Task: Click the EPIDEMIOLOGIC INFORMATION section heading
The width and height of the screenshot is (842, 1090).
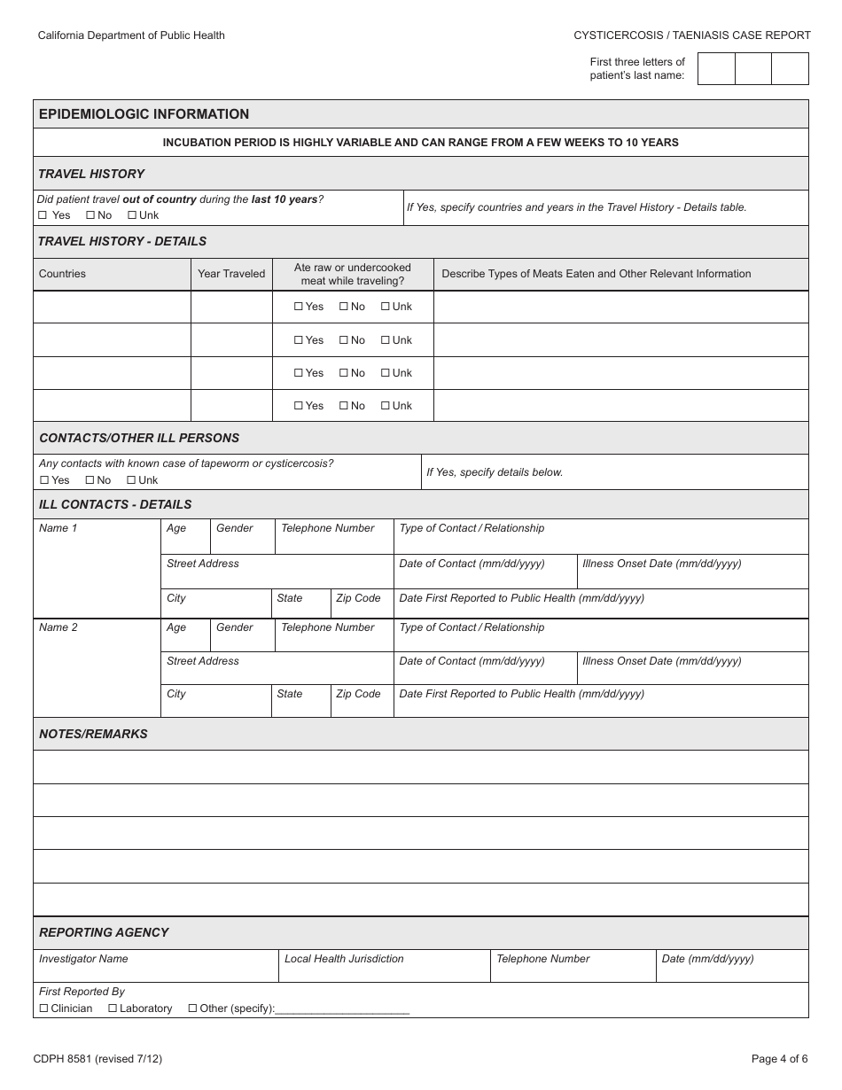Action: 144,114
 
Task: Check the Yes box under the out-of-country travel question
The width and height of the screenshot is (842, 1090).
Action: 43,215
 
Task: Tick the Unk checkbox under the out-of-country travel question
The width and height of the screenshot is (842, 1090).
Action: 132,215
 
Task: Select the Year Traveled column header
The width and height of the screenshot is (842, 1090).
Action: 231,274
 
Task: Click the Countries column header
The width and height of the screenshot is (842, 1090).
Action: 62,274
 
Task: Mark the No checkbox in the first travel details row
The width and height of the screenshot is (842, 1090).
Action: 343,307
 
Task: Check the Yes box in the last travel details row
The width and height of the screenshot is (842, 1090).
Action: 299,406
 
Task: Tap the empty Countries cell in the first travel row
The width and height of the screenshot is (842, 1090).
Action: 112,307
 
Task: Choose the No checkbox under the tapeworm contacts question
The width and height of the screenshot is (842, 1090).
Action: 90,480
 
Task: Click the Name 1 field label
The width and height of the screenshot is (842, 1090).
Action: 58,528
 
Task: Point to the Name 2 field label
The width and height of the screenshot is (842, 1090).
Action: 58,627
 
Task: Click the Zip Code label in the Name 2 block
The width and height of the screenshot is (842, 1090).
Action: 358,694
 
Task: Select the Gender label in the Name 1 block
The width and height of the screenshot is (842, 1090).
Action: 235,528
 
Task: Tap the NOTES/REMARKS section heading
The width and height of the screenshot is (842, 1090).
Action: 93,734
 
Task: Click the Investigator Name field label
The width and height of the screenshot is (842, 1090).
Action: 83,959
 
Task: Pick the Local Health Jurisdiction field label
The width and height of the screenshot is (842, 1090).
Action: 344,959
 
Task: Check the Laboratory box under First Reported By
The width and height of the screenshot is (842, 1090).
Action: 113,1008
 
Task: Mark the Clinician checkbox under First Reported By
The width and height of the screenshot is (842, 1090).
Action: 43,1008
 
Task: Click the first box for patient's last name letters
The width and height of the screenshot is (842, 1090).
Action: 716,68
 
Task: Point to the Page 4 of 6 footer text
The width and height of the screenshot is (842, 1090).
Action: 779,1058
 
